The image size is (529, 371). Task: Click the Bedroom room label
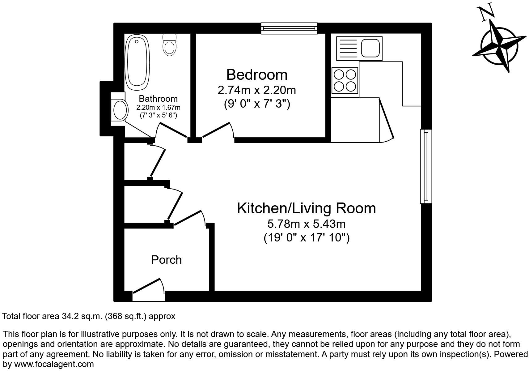coord(257,75)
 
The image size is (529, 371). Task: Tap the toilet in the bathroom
coord(169,45)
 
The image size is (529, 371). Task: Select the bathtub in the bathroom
coord(137,62)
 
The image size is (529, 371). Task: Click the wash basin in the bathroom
coord(120,109)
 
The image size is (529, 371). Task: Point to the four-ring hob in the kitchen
coord(345,80)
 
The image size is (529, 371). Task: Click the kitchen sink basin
coord(370,48)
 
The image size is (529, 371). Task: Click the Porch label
coord(166,260)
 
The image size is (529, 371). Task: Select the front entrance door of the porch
coord(148,287)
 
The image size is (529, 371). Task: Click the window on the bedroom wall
coord(289,28)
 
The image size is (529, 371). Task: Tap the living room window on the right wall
coord(426,166)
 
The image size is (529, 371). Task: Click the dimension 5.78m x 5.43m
coord(306,223)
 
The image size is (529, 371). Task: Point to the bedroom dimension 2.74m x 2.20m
coord(257,90)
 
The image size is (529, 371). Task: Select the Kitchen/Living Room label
coord(306,208)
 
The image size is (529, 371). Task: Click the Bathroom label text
coord(158,99)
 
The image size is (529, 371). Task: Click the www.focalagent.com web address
coord(54,364)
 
